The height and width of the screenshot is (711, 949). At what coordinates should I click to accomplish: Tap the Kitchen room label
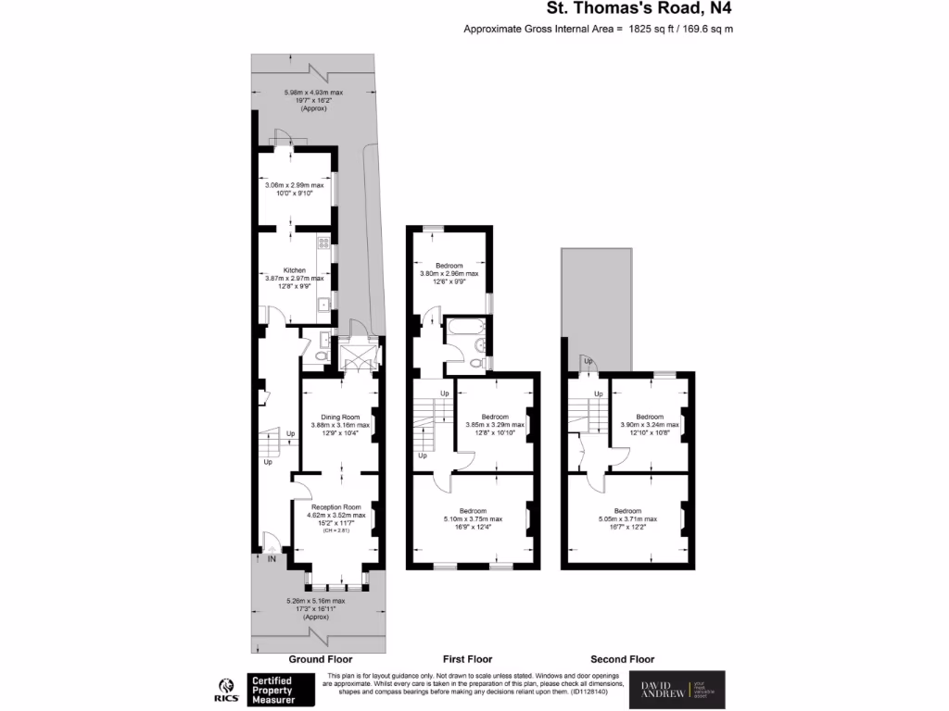[x=295, y=268]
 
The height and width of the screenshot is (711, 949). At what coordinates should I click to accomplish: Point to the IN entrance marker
[x=272, y=559]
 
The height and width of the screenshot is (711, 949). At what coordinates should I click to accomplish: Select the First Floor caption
[x=466, y=659]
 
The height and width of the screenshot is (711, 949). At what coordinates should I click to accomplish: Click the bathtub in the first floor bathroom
[x=460, y=327]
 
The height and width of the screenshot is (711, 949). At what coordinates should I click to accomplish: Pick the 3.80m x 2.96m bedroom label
[x=449, y=265]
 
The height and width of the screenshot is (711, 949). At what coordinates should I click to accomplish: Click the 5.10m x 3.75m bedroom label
[x=473, y=511]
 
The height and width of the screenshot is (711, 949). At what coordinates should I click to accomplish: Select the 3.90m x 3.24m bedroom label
[x=650, y=417]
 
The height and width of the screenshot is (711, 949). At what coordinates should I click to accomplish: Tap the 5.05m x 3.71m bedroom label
[x=627, y=511]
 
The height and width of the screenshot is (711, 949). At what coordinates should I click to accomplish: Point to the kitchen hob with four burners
[x=323, y=243]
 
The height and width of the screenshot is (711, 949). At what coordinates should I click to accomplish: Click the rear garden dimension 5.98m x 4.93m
[x=313, y=93]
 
